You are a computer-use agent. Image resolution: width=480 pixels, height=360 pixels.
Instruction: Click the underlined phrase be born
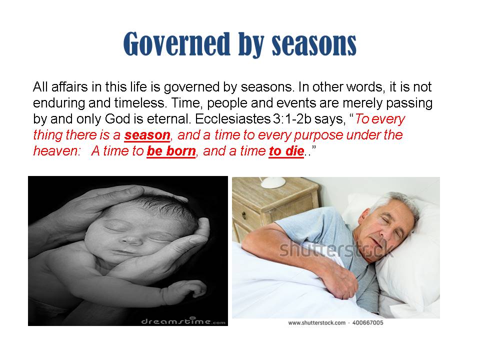(171, 151)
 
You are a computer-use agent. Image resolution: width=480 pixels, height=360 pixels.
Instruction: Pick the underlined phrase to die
(286, 151)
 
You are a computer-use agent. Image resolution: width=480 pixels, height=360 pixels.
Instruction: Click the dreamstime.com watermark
(183, 321)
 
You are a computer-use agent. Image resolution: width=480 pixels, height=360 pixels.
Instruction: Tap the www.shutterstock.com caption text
(317, 322)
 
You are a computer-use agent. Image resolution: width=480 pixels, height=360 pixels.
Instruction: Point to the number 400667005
(367, 322)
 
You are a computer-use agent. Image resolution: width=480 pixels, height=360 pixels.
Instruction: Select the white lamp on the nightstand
(273, 182)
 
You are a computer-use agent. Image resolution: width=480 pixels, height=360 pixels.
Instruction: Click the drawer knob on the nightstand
(244, 215)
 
